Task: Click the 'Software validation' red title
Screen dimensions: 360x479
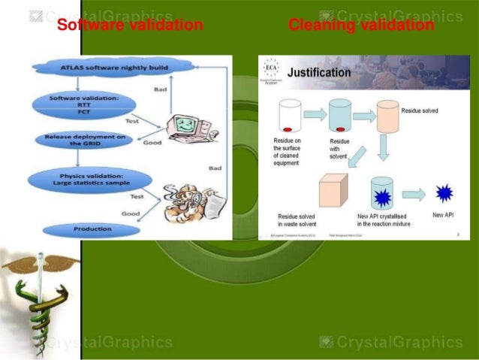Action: click(x=130, y=26)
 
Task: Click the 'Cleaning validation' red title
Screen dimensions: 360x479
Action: click(x=360, y=26)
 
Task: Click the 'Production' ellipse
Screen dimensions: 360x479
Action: click(x=92, y=228)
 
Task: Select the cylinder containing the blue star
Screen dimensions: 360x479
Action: click(x=383, y=194)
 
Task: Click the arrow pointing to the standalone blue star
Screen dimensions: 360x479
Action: click(x=413, y=194)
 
